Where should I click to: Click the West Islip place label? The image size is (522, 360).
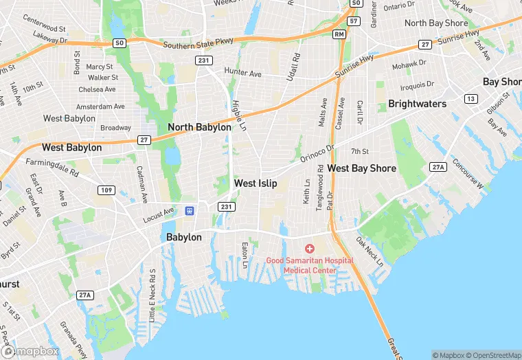click(256, 183)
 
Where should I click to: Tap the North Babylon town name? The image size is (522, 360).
click(199, 127)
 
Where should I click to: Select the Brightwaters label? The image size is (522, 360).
click(417, 104)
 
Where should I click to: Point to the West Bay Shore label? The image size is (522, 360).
click(361, 168)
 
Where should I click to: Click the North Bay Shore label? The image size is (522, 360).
click(436, 23)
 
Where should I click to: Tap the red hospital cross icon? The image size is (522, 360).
click(310, 248)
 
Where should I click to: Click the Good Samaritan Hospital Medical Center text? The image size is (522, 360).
click(310, 265)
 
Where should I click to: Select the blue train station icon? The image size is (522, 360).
click(193, 210)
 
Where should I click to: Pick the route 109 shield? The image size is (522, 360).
click(105, 190)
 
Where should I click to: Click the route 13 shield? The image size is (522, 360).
click(470, 99)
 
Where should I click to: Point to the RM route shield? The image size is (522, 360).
click(339, 34)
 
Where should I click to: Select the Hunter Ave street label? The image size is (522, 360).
click(243, 72)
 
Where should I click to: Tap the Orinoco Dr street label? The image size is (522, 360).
click(316, 153)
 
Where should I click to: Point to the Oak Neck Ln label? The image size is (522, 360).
click(369, 252)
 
